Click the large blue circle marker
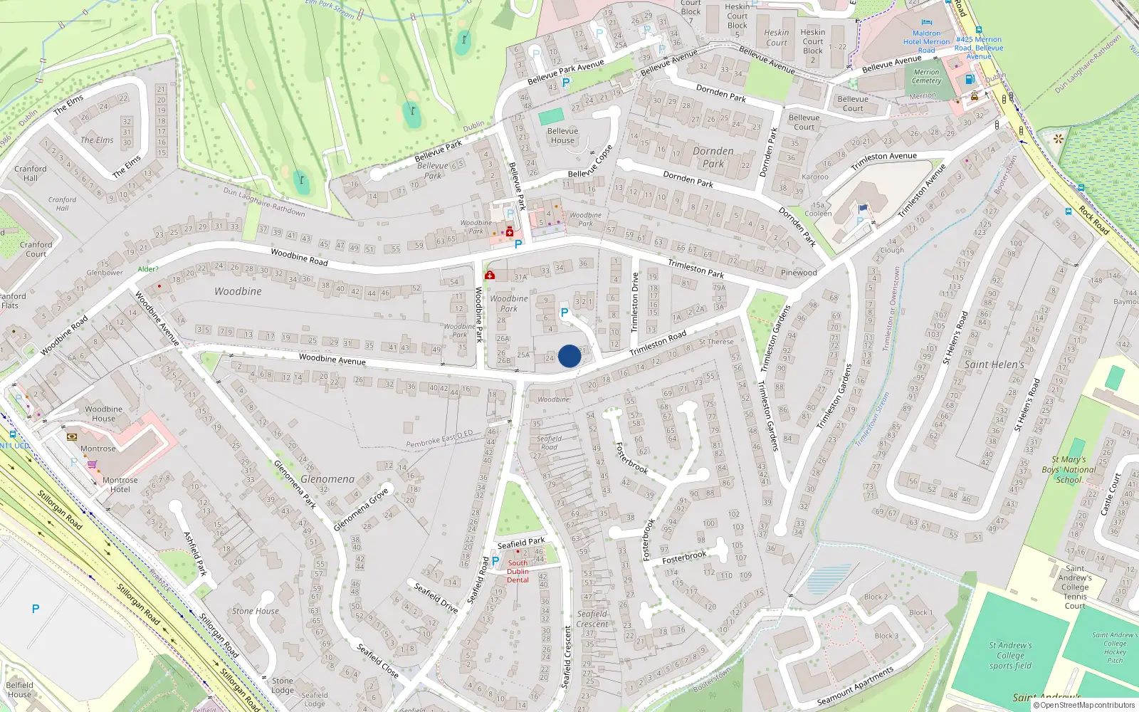coord(569,356)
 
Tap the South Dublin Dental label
coord(518,572)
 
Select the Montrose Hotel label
coord(120,484)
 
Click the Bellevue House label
coord(562,136)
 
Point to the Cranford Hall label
coord(30,173)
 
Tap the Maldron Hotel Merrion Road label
coord(926,41)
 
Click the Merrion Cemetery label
coord(926,76)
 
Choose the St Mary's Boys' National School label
coord(1069,469)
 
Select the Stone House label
coord(256,611)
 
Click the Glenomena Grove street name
coord(362,509)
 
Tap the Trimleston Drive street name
coord(635,303)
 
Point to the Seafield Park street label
coord(521,543)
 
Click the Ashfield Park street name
coord(195,553)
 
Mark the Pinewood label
coord(799,273)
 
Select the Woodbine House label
coord(103,414)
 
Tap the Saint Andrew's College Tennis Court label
coord(1075,587)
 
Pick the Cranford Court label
coord(36,249)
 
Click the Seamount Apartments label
coord(856,686)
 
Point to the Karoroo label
coord(815,177)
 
